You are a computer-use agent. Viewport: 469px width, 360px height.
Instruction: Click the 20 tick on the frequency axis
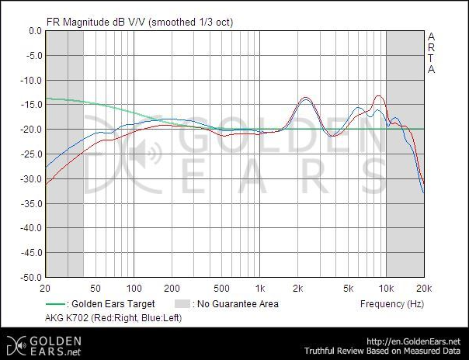pyautogui.click(x=48, y=286)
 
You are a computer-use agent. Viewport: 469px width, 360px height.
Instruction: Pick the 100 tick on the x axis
pyautogui.click(x=134, y=286)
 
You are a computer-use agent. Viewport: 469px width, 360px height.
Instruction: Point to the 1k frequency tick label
pyautogui.click(x=261, y=286)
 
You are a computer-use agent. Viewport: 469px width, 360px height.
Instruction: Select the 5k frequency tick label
pyautogui.click(x=349, y=286)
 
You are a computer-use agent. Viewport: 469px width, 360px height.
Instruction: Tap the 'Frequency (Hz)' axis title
pyautogui.click(x=392, y=303)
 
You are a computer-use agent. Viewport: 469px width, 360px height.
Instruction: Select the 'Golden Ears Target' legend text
pyautogui.click(x=113, y=304)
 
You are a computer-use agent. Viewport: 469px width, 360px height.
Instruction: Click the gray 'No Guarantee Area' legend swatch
pyautogui.click(x=181, y=304)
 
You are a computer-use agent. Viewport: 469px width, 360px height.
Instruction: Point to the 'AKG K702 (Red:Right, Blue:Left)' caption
pyautogui.click(x=115, y=318)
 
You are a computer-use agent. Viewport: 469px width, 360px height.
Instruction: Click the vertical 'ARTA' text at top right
pyautogui.click(x=431, y=53)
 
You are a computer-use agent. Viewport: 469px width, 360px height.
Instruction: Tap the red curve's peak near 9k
pyautogui.click(x=379, y=96)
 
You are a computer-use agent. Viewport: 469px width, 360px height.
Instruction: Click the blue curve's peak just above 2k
pyautogui.click(x=306, y=100)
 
